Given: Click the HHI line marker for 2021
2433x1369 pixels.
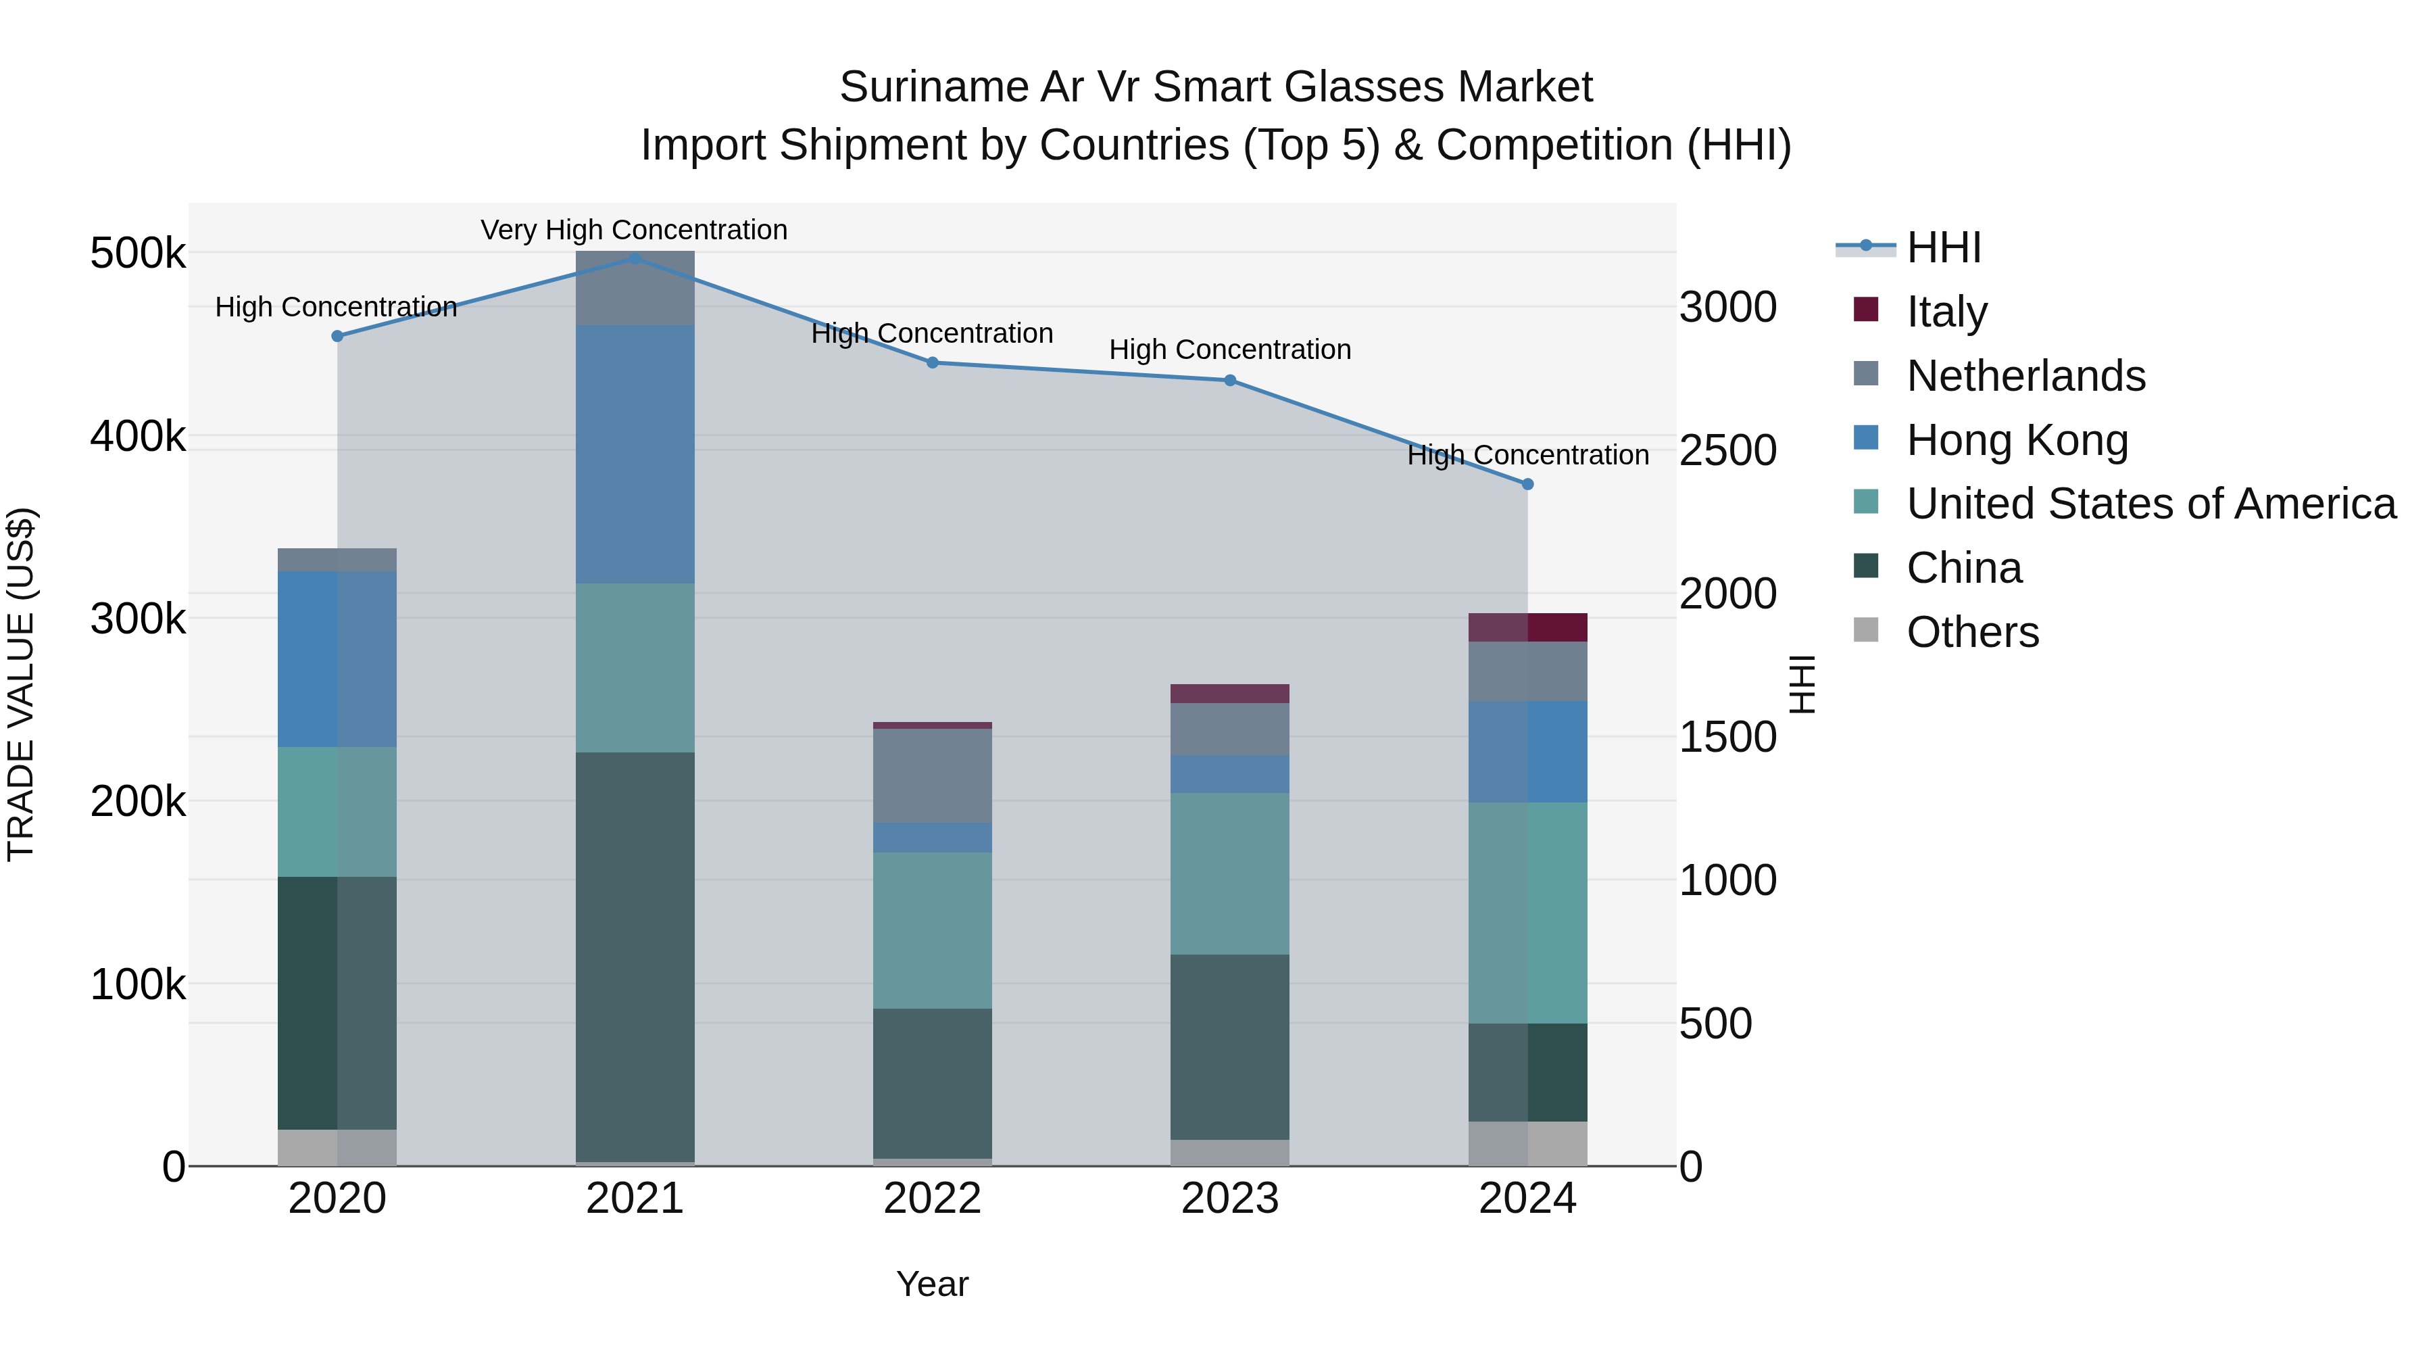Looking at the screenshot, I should coord(635,258).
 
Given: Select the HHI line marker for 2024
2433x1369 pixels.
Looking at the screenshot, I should coord(1527,484).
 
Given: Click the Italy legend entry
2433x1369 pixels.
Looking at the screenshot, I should coord(1946,311).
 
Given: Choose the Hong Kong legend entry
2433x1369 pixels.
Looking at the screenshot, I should coord(2017,439).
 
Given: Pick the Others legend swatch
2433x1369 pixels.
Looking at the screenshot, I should coord(1866,630).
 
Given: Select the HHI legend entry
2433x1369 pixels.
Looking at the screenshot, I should coord(1943,247).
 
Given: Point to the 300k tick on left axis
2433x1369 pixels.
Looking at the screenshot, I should coord(138,620).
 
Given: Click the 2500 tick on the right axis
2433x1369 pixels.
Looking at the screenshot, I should coord(1727,451).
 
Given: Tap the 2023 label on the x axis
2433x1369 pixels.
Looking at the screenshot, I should coord(1230,1199).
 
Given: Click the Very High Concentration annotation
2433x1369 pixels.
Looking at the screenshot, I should coord(634,230).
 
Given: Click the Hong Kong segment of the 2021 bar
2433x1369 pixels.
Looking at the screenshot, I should coord(635,454).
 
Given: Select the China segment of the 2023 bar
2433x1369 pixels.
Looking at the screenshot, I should coord(1230,1046).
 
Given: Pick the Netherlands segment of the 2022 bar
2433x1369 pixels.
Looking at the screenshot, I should coord(932,775).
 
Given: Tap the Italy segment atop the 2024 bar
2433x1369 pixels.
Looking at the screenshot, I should coord(1527,627).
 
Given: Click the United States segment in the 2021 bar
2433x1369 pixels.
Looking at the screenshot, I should coord(635,667).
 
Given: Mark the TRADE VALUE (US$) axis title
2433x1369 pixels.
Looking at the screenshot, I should coord(21,684).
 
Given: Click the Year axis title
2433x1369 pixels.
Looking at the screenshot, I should coord(932,1284).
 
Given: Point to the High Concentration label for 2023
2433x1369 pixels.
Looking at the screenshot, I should coord(1230,350).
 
